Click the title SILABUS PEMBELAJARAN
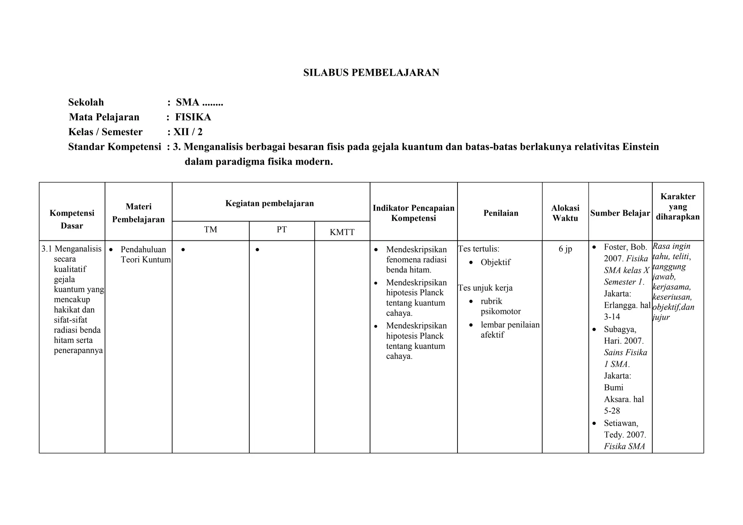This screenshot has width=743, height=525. coord(371,73)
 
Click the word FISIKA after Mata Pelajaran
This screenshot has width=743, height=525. coord(193,117)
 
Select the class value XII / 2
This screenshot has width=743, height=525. coord(188,132)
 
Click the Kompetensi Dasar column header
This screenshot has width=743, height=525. coord(72,219)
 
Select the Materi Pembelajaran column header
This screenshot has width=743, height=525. coord(138,212)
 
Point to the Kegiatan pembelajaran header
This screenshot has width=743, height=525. coord(270,203)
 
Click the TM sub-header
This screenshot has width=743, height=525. coord(210,230)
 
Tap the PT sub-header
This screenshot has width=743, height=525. coord(282,230)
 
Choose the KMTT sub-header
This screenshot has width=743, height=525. coord(342,232)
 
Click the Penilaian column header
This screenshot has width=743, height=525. coord(501,213)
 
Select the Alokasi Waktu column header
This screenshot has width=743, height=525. coord(565,213)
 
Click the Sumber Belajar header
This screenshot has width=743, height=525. coord(620,213)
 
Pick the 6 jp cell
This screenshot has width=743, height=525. coord(565,249)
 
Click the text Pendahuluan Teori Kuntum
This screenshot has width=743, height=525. coord(145,255)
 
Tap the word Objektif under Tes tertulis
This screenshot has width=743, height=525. coord(495,262)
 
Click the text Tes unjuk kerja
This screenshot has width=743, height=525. coord(485,288)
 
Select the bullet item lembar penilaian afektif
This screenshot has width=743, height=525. coord(510,330)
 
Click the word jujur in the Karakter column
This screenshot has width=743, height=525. coord(661,317)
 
